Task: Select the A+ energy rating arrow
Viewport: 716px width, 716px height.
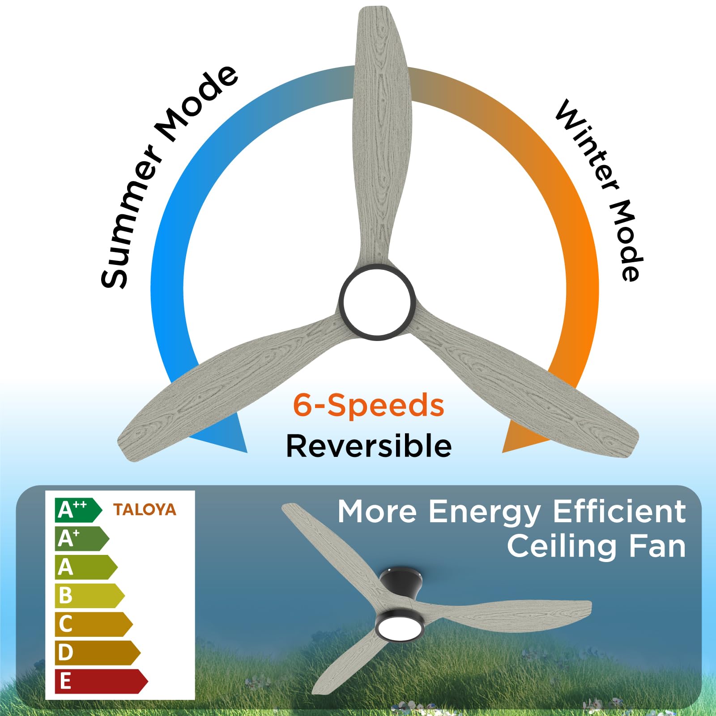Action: [x=81, y=539]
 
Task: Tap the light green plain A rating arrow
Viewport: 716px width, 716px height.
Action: [x=85, y=567]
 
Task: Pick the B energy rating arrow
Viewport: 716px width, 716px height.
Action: [x=89, y=596]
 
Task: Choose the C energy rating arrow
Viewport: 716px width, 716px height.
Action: [x=93, y=624]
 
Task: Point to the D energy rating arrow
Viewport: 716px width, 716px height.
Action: [x=97, y=652]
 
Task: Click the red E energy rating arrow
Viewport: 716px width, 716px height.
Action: [x=100, y=681]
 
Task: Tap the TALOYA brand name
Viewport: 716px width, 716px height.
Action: [x=145, y=510]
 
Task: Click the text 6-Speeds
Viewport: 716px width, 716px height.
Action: [x=368, y=405]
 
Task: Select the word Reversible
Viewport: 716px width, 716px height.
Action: [x=369, y=446]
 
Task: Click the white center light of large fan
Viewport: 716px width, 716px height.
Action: [x=377, y=301]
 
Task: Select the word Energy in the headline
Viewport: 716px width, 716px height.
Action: [x=485, y=512]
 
